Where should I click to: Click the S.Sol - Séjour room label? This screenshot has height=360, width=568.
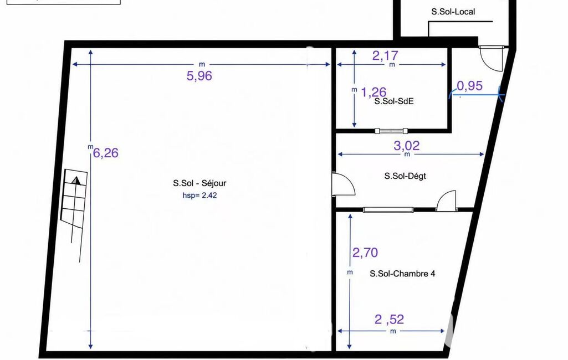pyautogui.click(x=199, y=183)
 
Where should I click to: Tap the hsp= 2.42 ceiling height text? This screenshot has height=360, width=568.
pyautogui.click(x=199, y=196)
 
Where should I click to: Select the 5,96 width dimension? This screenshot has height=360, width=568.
pyautogui.click(x=199, y=76)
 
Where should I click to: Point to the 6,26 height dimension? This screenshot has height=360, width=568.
pyautogui.click(x=106, y=153)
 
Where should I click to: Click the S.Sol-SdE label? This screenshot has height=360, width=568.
pyautogui.click(x=394, y=101)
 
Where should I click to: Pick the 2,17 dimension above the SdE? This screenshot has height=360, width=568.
pyautogui.click(x=385, y=55)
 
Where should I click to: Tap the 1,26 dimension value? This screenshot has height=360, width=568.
pyautogui.click(x=373, y=92)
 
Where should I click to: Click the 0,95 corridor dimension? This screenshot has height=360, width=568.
pyautogui.click(x=469, y=85)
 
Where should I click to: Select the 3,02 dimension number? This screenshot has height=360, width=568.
pyautogui.click(x=406, y=146)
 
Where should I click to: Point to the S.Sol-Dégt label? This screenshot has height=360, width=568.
pyautogui.click(x=405, y=176)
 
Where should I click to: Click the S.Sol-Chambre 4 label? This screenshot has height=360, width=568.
pyautogui.click(x=402, y=274)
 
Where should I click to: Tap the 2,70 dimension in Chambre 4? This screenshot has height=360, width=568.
pyautogui.click(x=365, y=253)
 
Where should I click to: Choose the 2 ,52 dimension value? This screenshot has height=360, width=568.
pyautogui.click(x=389, y=320)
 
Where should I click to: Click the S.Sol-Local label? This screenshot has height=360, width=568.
pyautogui.click(x=453, y=12)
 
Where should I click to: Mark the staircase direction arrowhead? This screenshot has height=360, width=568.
pyautogui.click(x=76, y=181)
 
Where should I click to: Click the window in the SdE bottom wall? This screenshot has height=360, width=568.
pyautogui.click(x=391, y=131)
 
